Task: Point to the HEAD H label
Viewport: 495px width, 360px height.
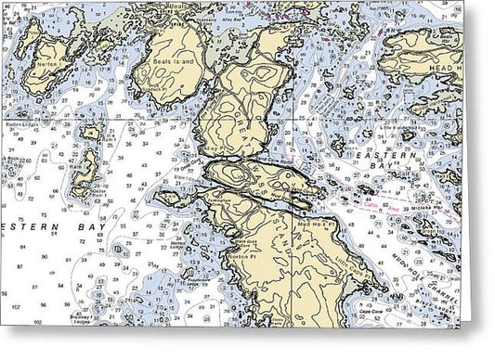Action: point(444,68)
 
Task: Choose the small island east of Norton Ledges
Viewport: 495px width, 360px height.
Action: point(91,133)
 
